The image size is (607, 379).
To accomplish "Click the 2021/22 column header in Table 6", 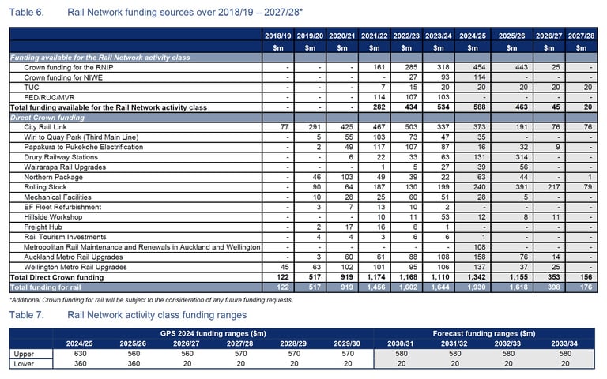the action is [x=374, y=36].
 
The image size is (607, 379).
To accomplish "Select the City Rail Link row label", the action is [x=45, y=127].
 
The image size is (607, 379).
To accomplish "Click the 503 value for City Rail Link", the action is [x=411, y=127].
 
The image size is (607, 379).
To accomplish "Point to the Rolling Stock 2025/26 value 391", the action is [x=521, y=187].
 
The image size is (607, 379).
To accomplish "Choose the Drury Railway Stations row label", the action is [x=61, y=157].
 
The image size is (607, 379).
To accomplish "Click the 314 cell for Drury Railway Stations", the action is [x=521, y=157].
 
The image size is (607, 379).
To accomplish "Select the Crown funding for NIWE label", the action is [x=63, y=77].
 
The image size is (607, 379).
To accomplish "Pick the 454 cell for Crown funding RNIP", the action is [x=479, y=67].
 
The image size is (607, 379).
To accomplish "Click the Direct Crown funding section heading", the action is [x=47, y=118].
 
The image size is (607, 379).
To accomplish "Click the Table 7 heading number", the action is [x=26, y=315].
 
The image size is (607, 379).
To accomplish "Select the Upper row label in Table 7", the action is [x=24, y=354].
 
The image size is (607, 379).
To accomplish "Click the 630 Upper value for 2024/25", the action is [x=80, y=354].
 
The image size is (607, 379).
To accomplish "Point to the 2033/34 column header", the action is [x=564, y=343].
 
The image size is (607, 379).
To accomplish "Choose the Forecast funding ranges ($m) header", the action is [x=484, y=333].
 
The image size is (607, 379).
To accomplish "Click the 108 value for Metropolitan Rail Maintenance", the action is [x=479, y=247].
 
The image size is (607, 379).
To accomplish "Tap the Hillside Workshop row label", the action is [x=53, y=217].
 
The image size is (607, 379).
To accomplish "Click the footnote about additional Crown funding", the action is [x=152, y=300].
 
